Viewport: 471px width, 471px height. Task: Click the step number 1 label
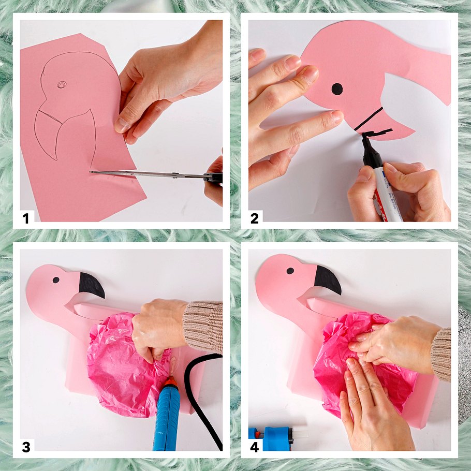(x=26, y=218)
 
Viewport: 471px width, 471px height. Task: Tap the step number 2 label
(x=254, y=218)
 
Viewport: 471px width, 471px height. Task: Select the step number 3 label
(x=26, y=447)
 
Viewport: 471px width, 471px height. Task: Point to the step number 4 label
(x=255, y=447)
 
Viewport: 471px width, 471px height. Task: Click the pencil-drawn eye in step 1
(x=62, y=85)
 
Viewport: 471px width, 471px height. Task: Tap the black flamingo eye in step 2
(x=337, y=89)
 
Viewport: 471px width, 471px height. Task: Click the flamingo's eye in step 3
(x=56, y=280)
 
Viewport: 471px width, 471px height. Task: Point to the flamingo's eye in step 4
(x=290, y=271)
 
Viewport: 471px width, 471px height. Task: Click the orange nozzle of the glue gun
(x=171, y=381)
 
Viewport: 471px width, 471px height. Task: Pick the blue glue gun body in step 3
(x=167, y=418)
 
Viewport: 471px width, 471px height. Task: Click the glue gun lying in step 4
(x=276, y=438)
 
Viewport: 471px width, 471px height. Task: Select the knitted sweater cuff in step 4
(x=441, y=355)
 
